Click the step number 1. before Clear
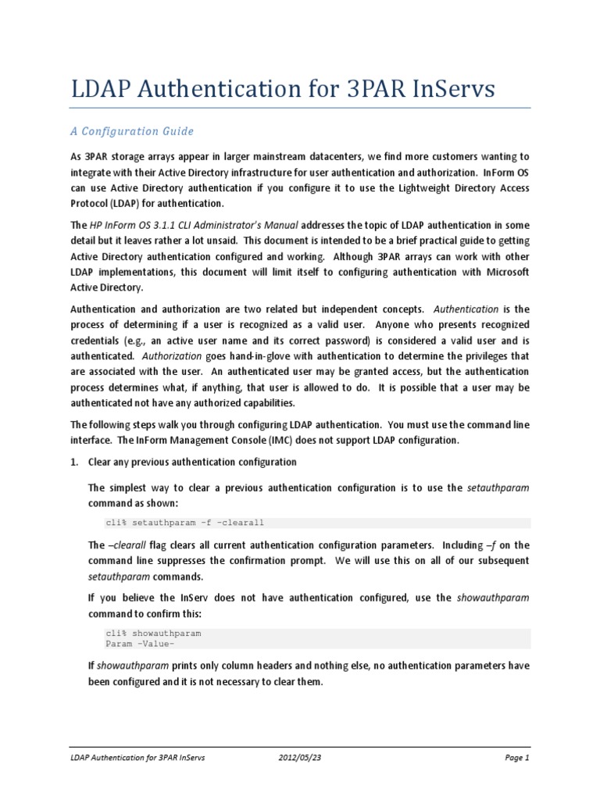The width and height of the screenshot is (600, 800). (x=75, y=462)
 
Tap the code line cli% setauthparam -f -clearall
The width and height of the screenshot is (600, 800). (x=190, y=523)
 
